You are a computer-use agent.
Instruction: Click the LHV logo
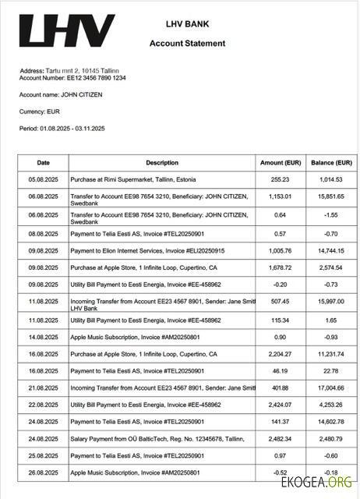click(x=66, y=31)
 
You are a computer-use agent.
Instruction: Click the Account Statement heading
click(x=187, y=44)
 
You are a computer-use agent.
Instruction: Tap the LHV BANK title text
click(x=187, y=25)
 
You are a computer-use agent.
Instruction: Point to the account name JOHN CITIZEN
click(x=61, y=94)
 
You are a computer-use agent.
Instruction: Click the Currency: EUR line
click(x=39, y=111)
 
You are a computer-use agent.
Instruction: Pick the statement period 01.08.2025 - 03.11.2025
click(x=62, y=128)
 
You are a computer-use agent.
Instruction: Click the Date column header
click(x=44, y=163)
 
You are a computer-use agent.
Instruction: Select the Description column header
click(x=162, y=163)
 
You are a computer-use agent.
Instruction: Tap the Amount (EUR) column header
click(x=280, y=163)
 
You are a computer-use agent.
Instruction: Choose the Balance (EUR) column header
click(x=332, y=163)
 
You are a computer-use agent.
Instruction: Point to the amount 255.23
click(x=280, y=180)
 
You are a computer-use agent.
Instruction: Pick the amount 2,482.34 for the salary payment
click(x=280, y=439)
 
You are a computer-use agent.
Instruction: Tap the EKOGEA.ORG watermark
click(x=328, y=483)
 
